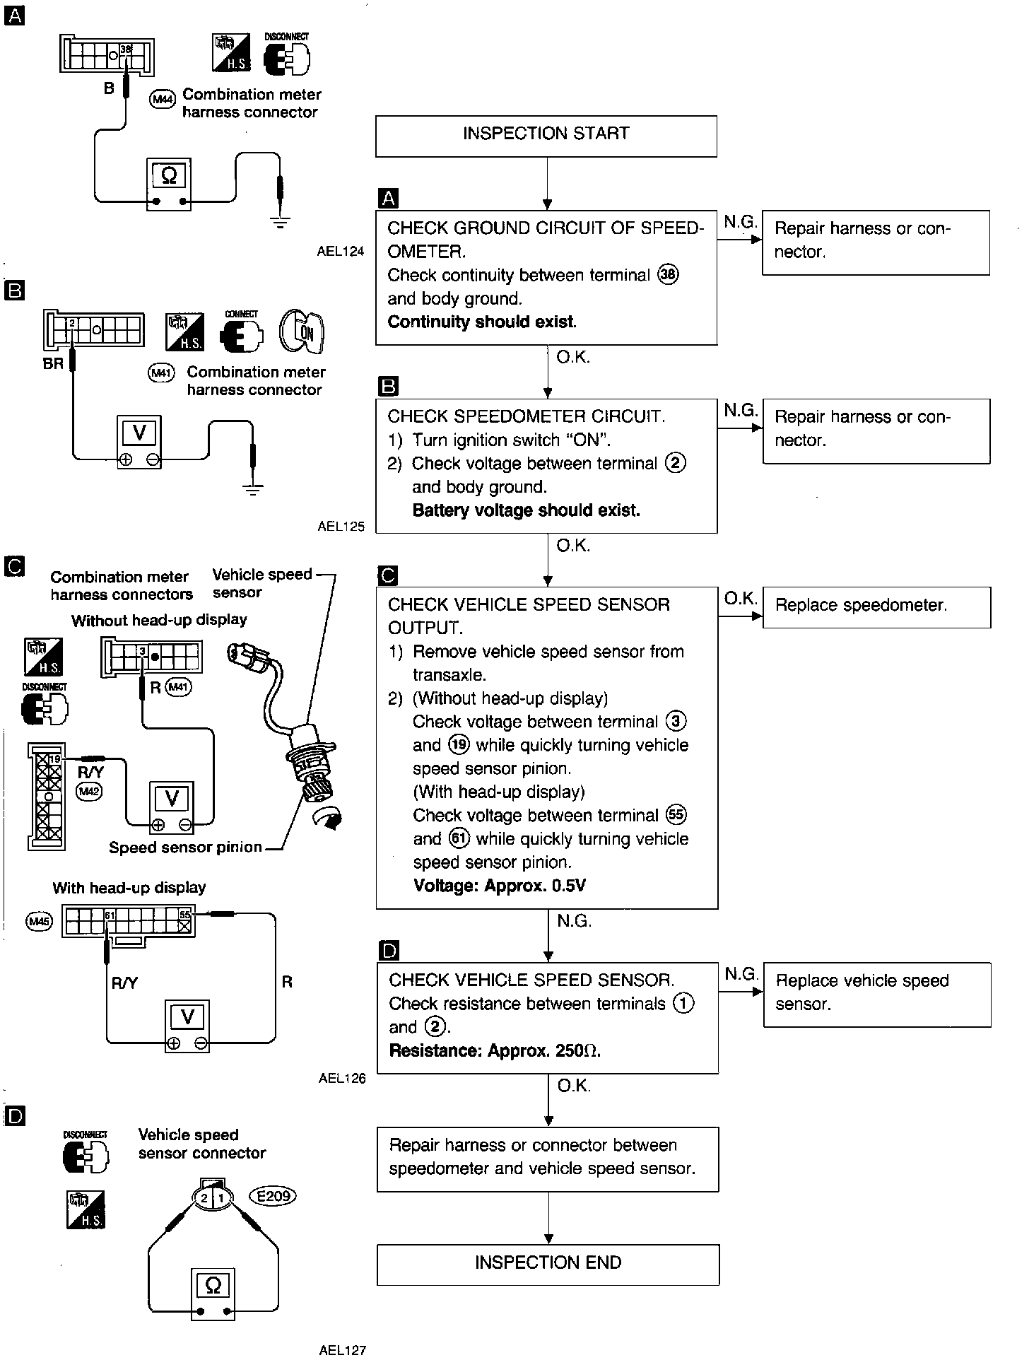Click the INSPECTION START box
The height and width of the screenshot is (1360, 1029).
tap(546, 136)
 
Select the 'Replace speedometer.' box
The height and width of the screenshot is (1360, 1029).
tap(876, 606)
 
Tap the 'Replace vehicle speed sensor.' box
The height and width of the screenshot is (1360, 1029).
tap(876, 993)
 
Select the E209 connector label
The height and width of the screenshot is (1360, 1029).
tap(273, 1196)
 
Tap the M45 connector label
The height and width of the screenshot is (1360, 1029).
tap(36, 921)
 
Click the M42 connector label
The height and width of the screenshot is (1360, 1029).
tap(90, 791)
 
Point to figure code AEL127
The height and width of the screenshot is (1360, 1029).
tap(342, 1350)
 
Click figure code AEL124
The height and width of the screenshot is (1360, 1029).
tap(341, 251)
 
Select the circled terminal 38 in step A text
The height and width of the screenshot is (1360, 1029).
tap(668, 275)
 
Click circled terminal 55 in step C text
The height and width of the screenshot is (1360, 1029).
tap(676, 815)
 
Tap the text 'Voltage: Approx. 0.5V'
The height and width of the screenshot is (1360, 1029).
tap(499, 886)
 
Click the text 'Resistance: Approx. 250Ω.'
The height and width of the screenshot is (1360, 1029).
tap(495, 1050)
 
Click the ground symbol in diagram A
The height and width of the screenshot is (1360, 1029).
tap(281, 223)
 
